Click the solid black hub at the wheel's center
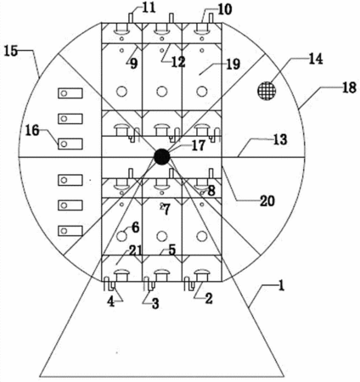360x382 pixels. [162, 157]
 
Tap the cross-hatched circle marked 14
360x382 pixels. [267, 91]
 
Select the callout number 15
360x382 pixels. [11, 52]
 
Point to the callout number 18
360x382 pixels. [349, 87]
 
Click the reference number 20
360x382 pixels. [267, 201]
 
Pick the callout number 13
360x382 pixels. [280, 139]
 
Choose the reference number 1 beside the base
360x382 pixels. [281, 286]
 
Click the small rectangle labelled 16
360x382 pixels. [70, 143]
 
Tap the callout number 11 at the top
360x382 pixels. [149, 8]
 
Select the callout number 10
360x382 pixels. [225, 9]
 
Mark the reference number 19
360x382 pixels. [233, 65]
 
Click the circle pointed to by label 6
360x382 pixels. [121, 236]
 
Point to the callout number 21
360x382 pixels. [136, 250]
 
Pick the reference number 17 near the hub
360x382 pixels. [198, 145]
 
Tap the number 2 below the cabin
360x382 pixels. [209, 299]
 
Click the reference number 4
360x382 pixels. [111, 302]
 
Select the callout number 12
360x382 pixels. [178, 62]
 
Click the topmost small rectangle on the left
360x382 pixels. [70, 93]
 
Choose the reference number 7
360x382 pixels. [166, 210]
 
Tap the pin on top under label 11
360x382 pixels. [131, 18]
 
